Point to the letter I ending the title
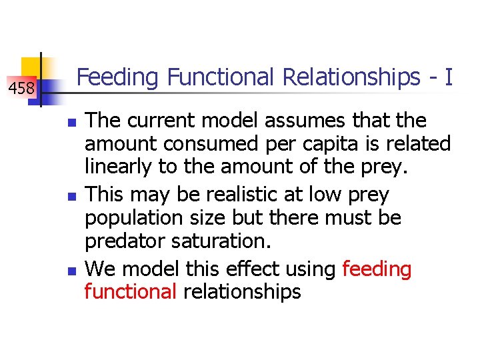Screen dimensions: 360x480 pyautogui.click(x=449, y=77)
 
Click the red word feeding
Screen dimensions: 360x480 pyautogui.click(x=377, y=269)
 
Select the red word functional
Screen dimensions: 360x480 pyautogui.click(x=129, y=291)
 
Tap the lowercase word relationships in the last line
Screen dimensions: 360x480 pyautogui.click(x=242, y=291)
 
